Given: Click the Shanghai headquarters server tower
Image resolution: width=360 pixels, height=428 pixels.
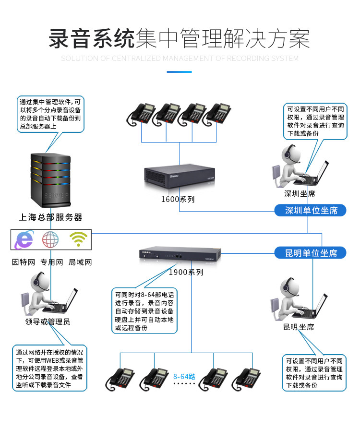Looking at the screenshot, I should coord(50,179).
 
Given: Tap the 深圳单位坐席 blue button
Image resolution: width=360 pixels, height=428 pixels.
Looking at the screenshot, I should coord(310,210).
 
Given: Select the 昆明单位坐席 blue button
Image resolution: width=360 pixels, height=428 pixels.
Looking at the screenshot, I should coord(310,252).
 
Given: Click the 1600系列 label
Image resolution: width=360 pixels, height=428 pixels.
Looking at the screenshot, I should coord(178,199).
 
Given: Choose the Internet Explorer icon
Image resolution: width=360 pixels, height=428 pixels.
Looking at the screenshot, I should coord(24,239).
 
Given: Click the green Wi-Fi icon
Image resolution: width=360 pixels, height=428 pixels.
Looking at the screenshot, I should coord(78,239).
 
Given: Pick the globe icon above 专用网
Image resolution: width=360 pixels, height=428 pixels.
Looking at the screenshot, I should coord(51,239).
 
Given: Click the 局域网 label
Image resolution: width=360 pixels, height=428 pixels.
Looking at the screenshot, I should coord(80,262).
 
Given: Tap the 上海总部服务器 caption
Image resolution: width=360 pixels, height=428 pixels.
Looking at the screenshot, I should coord(50,217).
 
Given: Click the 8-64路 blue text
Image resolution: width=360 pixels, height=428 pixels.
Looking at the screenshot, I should coord(184,376).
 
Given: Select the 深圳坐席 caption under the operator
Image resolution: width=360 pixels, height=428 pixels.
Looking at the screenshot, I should coord(300,194).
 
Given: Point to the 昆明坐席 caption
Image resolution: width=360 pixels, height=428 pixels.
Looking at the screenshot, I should coord(298,327).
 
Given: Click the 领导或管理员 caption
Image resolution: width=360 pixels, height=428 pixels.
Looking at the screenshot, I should coord(48,321).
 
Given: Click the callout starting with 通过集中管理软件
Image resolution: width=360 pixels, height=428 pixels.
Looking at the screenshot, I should coord(50,114).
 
